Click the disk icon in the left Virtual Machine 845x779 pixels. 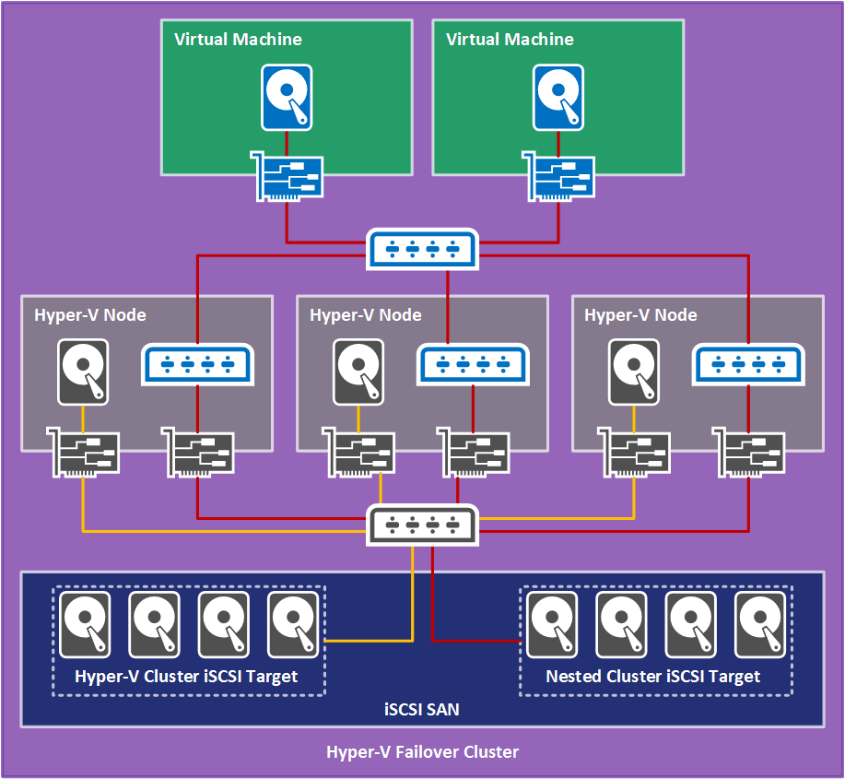point(288,97)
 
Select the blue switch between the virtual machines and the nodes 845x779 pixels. point(423,249)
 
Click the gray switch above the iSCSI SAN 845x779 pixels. point(423,525)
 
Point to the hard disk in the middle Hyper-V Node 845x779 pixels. point(358,372)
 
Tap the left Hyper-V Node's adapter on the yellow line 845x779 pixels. point(84,452)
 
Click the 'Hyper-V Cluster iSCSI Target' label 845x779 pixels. point(186,676)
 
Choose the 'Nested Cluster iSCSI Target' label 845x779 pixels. point(652,676)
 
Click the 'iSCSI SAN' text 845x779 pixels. point(421,710)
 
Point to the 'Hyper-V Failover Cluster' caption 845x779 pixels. point(422,751)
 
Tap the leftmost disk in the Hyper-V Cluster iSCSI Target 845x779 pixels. point(85,624)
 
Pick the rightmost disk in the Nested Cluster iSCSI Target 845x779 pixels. point(760,624)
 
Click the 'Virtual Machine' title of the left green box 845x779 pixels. point(238,40)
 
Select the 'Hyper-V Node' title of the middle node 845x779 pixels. point(365,315)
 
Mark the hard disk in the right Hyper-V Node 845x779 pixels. point(633,372)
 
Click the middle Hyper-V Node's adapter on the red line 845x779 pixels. point(473,452)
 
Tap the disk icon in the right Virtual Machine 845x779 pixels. point(558,97)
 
